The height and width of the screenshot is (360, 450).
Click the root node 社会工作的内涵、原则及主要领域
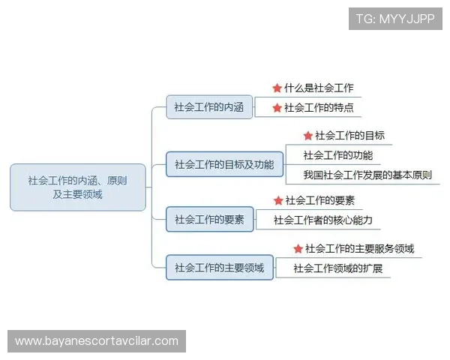point(77,187)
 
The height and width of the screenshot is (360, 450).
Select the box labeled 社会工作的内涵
point(209,107)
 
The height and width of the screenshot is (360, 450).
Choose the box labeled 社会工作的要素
point(209,220)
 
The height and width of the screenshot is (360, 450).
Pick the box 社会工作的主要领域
point(219,268)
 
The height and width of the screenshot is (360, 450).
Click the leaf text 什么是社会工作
point(319,88)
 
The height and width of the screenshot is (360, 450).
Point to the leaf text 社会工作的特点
point(319,108)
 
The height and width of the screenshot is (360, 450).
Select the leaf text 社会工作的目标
point(349,136)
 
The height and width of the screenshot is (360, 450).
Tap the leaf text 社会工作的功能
point(337,155)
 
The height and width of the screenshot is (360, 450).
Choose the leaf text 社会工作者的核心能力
point(322,220)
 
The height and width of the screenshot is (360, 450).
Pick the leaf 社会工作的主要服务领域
point(359,249)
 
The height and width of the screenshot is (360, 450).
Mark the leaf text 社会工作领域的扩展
point(337,268)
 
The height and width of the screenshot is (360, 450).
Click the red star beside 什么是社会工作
point(277,88)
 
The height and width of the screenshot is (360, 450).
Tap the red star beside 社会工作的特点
point(277,108)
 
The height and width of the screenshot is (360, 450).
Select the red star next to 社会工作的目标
point(307,136)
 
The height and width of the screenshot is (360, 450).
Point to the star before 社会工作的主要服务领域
point(298,249)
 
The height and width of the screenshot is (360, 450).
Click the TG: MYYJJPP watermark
point(395,19)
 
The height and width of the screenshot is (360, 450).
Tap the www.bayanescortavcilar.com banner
point(96,341)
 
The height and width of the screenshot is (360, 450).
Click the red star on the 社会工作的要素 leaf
point(278,201)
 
